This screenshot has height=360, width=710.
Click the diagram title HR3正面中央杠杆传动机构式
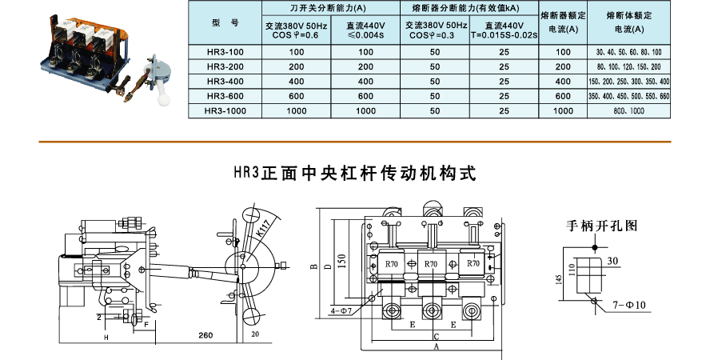(x=354, y=172)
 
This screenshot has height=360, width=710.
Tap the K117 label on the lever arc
(x=263, y=231)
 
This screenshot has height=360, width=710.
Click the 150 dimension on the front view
(x=342, y=260)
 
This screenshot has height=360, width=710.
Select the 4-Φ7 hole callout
(x=341, y=309)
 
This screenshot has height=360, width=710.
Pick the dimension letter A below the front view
(x=436, y=349)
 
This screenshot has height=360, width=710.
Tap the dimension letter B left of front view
(x=314, y=266)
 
